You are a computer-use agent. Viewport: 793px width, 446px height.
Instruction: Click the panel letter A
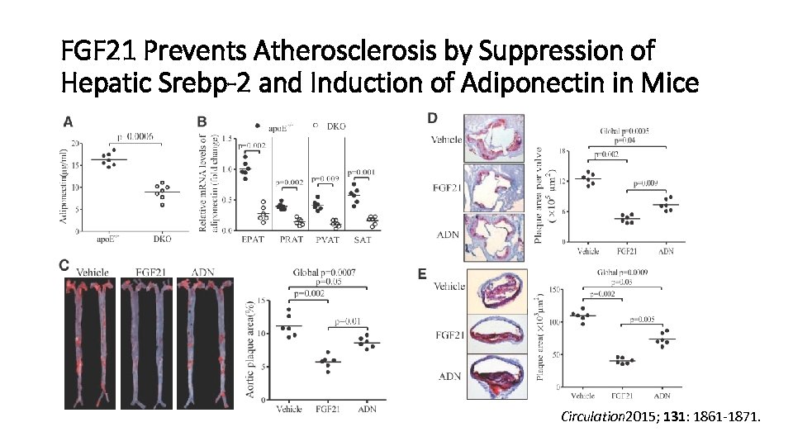pos(69,121)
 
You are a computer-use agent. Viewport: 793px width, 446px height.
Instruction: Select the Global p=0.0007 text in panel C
pos(325,273)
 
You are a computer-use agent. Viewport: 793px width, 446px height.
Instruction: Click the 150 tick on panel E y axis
pos(556,289)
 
